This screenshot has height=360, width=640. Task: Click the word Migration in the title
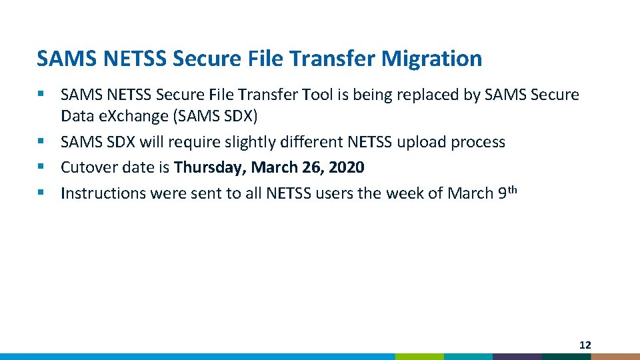coord(431,59)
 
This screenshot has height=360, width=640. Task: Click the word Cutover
coord(87,167)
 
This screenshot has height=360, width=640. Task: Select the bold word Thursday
coord(209,167)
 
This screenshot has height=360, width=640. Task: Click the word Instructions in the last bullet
coord(103,193)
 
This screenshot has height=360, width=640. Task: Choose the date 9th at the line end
coord(507,193)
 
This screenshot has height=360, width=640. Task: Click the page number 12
coord(585,345)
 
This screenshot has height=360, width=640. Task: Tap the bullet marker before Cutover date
coord(41,167)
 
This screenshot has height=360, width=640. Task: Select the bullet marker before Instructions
coord(41,193)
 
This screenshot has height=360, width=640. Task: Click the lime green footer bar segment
coord(419,357)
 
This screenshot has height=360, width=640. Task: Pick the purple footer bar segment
coord(517,357)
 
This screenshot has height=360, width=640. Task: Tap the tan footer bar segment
coord(615,357)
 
